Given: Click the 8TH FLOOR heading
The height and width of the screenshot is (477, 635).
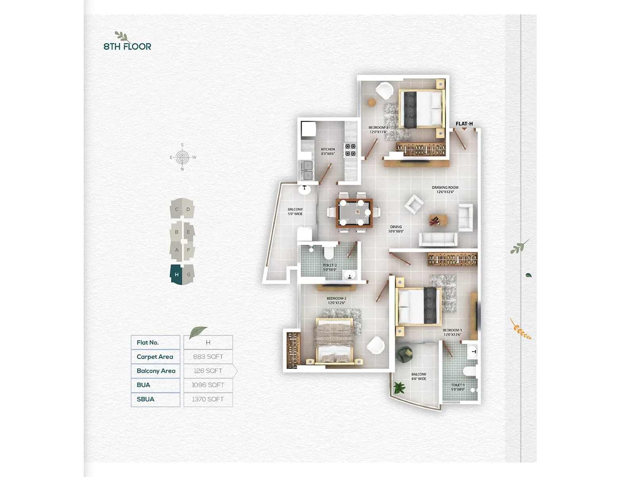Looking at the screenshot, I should tap(127, 46).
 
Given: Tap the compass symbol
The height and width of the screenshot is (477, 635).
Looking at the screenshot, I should tap(182, 157).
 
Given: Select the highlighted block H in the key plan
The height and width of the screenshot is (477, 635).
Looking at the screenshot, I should tap(176, 274).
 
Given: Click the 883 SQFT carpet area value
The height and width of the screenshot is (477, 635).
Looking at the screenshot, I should tap(208, 357).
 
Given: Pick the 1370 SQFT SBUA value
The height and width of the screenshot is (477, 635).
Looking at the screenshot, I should tap(208, 399).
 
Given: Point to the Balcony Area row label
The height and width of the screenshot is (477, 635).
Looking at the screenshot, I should tap(156, 371).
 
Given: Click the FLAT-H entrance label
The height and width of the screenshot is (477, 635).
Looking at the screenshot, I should tap(464, 124).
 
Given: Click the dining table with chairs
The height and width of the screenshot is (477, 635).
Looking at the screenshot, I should tap(354, 213).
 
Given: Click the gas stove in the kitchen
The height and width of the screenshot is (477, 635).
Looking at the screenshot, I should tap(350, 150).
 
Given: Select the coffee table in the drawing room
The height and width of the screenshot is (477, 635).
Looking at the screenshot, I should tap(438, 221).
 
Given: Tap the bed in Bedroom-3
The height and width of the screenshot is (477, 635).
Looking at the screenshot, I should tap(422, 109).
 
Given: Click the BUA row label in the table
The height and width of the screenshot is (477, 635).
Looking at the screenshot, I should tap(143, 385).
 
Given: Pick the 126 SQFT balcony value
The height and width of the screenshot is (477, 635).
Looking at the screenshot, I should tap(208, 371).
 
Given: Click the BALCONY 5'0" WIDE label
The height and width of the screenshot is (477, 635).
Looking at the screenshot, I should tap(295, 211).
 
